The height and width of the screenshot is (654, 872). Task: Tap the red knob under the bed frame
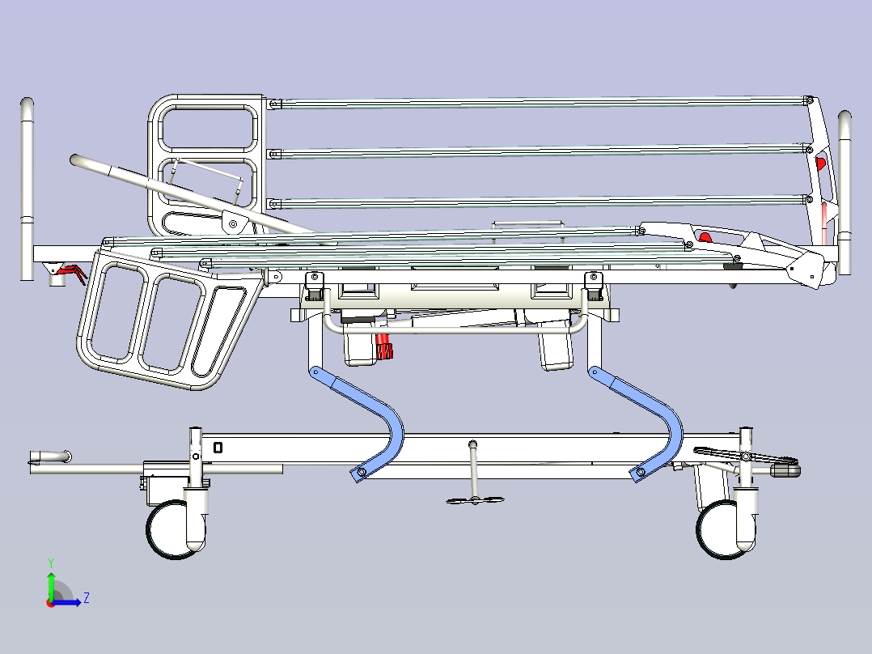pos(383,347)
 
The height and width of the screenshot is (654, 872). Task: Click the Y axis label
pos(51,563)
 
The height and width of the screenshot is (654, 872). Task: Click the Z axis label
pos(87,598)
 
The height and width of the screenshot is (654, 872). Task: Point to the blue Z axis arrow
pos(66,601)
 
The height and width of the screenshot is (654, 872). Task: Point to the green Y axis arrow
pos(51,586)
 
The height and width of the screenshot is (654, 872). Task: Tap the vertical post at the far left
pos(27,189)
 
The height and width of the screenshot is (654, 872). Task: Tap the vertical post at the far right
pos(844,192)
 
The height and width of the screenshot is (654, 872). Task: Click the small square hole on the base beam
pos(218,448)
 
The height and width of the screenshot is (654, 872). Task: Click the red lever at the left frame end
pos(72,272)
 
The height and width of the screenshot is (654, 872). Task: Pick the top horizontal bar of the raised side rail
pos(540,103)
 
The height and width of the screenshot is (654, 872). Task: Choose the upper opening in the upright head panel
pos(208,129)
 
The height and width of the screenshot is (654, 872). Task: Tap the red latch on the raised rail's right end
pos(820,163)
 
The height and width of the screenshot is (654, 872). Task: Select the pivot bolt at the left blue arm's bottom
pos(362,473)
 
